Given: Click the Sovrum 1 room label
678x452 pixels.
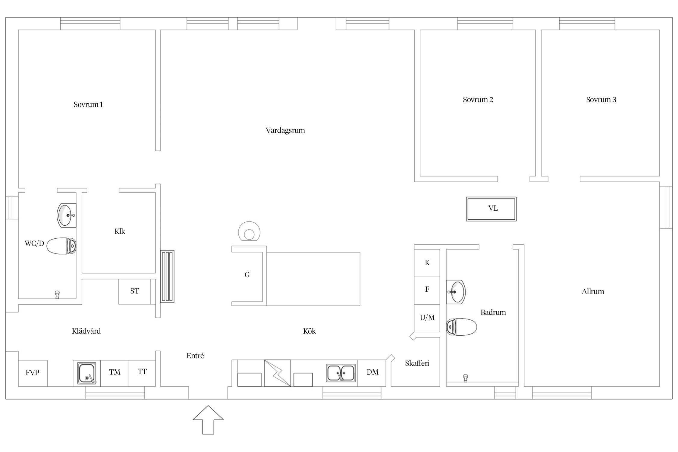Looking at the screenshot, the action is coord(88,105).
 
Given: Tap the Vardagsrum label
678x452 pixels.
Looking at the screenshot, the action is coord(285,130).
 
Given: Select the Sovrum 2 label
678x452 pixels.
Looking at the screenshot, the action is coord(478,100).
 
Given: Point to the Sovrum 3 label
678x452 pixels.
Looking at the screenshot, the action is coord(601,100).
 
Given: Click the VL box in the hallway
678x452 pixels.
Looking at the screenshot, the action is coord(491,209).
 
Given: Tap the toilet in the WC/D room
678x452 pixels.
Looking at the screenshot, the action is coord(61,246).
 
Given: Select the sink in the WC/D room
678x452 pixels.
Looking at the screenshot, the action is coord(66,215).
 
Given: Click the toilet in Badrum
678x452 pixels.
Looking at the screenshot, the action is coord(461,327).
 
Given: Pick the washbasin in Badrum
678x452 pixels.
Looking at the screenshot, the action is coord(456,292).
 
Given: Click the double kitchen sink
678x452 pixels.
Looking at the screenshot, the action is coord(341,373).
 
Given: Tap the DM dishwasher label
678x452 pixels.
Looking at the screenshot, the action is coord(372,372).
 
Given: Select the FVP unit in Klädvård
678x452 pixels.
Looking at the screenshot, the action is coord(33,373).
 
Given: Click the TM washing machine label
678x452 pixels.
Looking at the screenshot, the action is coord(115,372).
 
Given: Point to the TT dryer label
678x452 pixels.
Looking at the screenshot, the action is coord(142,372).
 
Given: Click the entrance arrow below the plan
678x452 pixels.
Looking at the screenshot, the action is coord(208,420).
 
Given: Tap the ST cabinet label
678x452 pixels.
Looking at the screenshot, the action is coord(135,291).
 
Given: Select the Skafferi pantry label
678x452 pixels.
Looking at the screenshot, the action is coord(417,363).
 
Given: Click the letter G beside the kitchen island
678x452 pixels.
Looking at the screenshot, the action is coord(247,275).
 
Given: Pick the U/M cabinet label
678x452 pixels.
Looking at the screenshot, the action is coord(427,318).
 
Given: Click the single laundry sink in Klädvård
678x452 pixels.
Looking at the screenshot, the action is coord(87,373).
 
